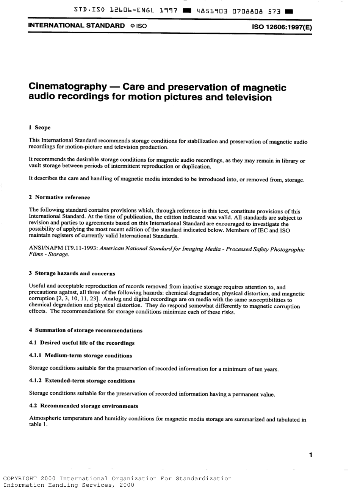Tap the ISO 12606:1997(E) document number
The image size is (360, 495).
282,27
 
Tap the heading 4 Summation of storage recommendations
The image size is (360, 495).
86,330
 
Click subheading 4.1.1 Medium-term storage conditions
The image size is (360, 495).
80,356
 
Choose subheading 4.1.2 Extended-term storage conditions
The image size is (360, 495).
82,381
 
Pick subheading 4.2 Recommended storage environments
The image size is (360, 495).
83,406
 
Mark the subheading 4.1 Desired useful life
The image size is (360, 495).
82,343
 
